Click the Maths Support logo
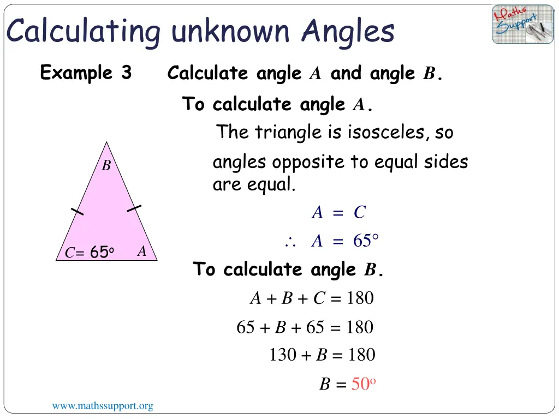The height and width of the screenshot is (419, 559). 522,25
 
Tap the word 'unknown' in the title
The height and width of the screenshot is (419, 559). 230,31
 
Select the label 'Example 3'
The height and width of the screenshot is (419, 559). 86,73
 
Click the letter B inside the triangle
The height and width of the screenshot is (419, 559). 106,166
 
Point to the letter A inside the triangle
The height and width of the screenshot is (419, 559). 141,252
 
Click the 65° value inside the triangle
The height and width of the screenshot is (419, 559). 101,253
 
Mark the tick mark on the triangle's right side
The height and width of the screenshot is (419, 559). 134,208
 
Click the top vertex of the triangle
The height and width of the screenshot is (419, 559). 106,143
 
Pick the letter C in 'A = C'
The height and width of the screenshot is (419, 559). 359,213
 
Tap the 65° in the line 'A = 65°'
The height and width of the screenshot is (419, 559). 366,241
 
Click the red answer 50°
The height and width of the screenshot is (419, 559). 364,384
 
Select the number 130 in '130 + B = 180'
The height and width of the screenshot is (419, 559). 283,355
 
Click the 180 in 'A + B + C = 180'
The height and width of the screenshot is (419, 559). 360,298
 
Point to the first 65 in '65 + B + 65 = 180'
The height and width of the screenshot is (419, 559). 246,327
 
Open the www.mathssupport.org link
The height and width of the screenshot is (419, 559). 103,406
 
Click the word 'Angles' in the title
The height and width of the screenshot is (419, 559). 348,31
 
